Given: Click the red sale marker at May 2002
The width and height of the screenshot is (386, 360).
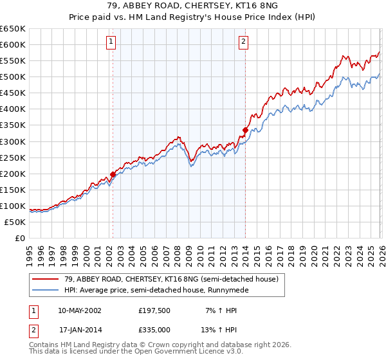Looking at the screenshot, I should pyautogui.click(x=113, y=174).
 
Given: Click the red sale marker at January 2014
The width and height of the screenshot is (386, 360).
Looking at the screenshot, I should pyautogui.click(x=245, y=130).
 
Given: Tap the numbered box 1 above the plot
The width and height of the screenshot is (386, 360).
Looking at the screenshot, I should pyautogui.click(x=111, y=42).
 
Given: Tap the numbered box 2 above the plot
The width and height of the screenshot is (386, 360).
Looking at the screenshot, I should pyautogui.click(x=244, y=42).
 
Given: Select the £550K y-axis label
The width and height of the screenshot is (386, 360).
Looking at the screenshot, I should pyautogui.click(x=13, y=60).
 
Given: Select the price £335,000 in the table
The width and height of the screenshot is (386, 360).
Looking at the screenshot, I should pyautogui.click(x=158, y=330).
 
